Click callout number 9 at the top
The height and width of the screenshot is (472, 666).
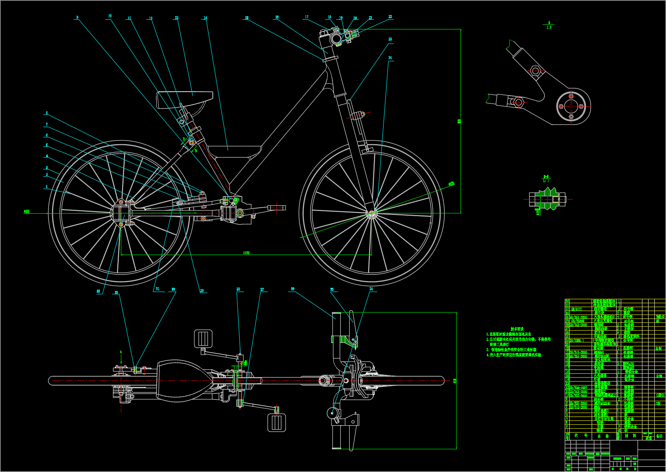(x=77, y=17)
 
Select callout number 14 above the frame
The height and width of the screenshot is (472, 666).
(x=205, y=18)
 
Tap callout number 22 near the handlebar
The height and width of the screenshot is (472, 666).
(x=390, y=17)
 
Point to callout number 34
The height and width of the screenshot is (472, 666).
(x=390, y=57)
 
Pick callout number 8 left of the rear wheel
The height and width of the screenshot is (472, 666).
(x=47, y=113)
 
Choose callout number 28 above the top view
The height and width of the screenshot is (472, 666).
(x=238, y=289)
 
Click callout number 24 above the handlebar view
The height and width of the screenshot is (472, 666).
(x=371, y=289)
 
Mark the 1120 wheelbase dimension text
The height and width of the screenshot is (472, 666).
(x=246, y=253)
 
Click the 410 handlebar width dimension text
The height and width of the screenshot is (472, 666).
(x=455, y=381)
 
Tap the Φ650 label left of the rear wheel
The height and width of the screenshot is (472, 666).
(x=27, y=212)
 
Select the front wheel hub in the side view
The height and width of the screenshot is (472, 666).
(x=371, y=214)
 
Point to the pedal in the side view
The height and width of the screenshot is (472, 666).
(x=277, y=207)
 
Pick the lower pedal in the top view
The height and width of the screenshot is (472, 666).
(x=276, y=423)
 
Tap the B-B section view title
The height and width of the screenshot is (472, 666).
(x=546, y=177)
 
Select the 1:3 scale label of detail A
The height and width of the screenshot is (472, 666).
(x=549, y=28)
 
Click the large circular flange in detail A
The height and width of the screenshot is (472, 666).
(x=571, y=106)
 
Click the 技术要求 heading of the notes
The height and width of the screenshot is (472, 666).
(x=517, y=329)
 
